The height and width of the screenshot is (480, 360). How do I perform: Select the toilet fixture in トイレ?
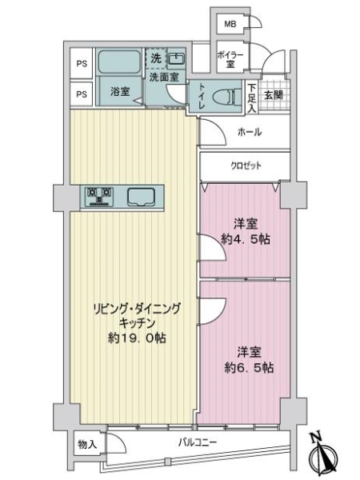[229, 96]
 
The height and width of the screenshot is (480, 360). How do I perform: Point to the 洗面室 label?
[163, 78]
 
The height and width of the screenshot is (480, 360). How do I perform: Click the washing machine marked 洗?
[156, 58]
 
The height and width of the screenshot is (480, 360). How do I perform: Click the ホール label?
[250, 132]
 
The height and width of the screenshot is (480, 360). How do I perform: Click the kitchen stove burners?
[100, 194]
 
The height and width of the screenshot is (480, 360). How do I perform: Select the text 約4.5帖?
[244, 238]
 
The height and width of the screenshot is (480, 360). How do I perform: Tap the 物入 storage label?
[86, 443]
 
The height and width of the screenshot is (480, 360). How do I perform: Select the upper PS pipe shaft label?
[81, 63]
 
